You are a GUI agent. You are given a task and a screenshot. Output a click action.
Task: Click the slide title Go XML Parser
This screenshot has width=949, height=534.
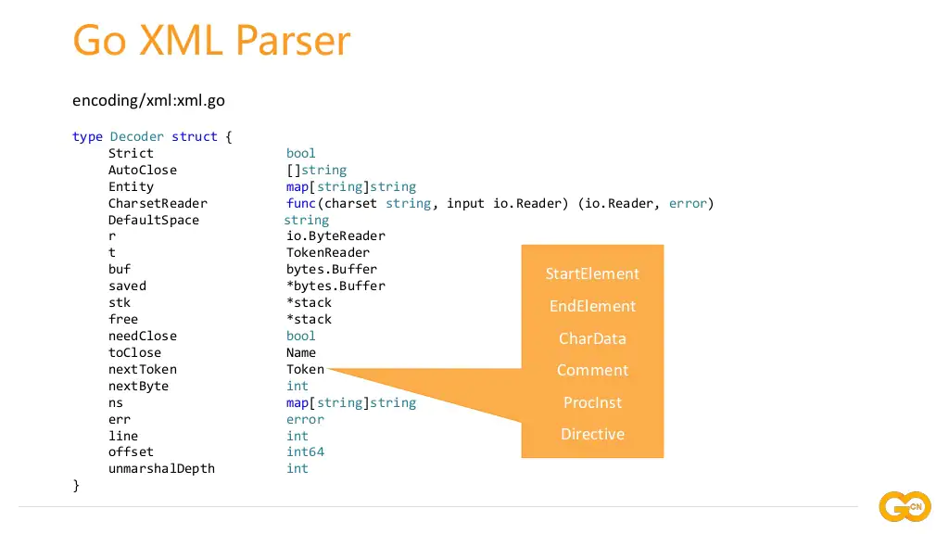click(x=211, y=41)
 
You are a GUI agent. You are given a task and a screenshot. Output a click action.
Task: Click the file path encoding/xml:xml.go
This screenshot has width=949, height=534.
click(x=148, y=100)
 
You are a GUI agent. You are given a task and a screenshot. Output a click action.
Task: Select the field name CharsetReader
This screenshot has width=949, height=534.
click(x=158, y=203)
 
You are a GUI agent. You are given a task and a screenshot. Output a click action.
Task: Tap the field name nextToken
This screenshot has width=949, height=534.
click(x=142, y=369)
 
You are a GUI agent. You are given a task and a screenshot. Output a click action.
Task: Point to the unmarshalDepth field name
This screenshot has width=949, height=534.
click(x=161, y=468)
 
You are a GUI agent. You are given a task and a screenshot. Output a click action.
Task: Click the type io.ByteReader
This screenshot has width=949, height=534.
click(x=335, y=235)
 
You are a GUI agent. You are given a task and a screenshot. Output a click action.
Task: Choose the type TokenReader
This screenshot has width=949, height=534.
click(x=328, y=252)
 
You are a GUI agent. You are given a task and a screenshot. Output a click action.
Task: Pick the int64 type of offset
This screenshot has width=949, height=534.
click(x=305, y=451)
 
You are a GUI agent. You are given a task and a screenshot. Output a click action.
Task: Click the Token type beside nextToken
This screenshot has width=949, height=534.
click(x=305, y=369)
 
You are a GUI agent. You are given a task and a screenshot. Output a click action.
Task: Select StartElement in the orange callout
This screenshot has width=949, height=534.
click(x=592, y=273)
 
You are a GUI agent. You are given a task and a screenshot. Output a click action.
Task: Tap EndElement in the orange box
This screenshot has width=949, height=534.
click(x=592, y=306)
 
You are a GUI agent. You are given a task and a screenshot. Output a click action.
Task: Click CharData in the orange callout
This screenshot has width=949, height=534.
click(x=592, y=338)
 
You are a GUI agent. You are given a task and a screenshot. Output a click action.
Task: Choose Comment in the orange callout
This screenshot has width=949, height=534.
click(x=592, y=370)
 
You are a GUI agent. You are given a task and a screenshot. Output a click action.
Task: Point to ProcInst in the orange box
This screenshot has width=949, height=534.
click(x=592, y=402)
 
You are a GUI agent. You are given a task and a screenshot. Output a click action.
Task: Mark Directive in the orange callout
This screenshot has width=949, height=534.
click(x=592, y=434)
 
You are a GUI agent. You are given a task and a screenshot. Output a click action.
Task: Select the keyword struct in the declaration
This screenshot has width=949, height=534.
click(x=195, y=136)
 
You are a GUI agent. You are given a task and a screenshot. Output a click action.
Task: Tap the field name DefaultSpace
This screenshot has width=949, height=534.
click(x=154, y=220)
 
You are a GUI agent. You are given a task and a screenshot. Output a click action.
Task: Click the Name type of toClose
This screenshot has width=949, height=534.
click(x=301, y=352)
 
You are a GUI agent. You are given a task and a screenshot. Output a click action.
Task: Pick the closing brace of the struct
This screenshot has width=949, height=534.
click(x=76, y=485)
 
